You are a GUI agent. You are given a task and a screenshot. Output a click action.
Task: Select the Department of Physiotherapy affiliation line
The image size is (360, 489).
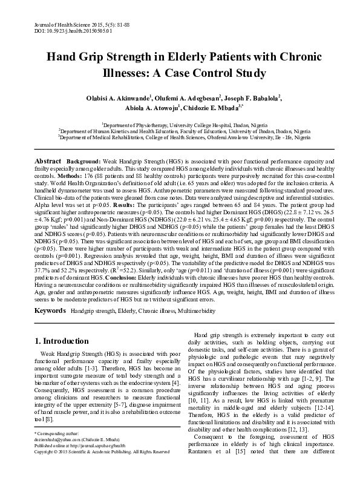click(x=180, y=124)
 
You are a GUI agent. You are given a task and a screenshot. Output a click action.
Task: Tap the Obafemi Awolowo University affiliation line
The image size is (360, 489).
click(x=180, y=137)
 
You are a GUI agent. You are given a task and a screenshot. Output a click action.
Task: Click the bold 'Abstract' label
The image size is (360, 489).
click(x=48, y=162)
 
